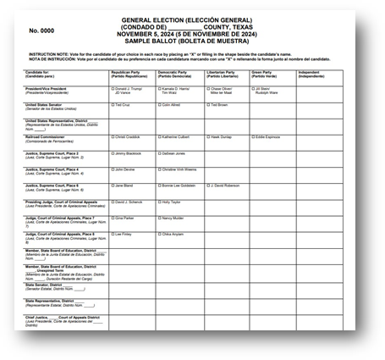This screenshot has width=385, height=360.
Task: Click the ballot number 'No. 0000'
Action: coord(41,30)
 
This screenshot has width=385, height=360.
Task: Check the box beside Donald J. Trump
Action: coord(113,88)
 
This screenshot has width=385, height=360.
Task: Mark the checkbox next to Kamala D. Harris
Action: coord(160,88)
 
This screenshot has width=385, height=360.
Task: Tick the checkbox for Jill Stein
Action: coord(253,88)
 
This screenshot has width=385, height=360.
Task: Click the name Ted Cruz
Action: coord(124,104)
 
